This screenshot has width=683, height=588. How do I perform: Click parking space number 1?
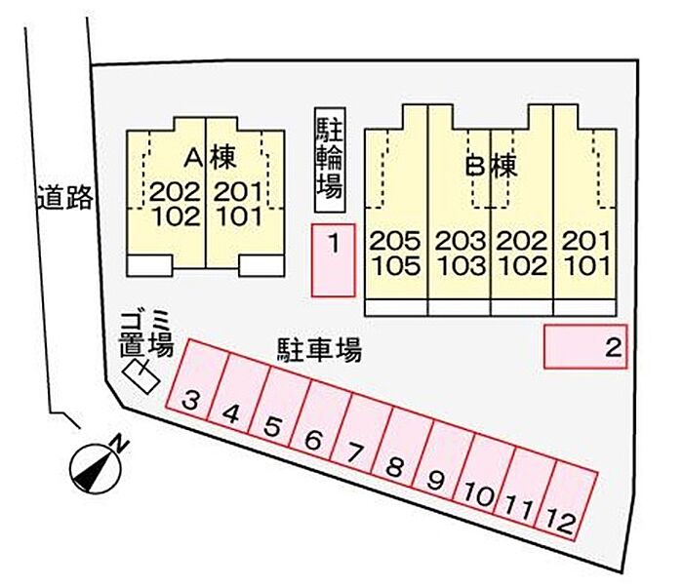[x=333, y=259]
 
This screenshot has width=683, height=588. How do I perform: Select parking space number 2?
[x=584, y=346]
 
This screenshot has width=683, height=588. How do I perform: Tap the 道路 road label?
[x=65, y=199]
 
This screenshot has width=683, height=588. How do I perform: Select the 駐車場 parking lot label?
[x=319, y=349]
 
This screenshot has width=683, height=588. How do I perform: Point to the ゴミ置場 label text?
[x=147, y=333]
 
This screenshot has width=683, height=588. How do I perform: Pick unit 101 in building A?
[x=238, y=216]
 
